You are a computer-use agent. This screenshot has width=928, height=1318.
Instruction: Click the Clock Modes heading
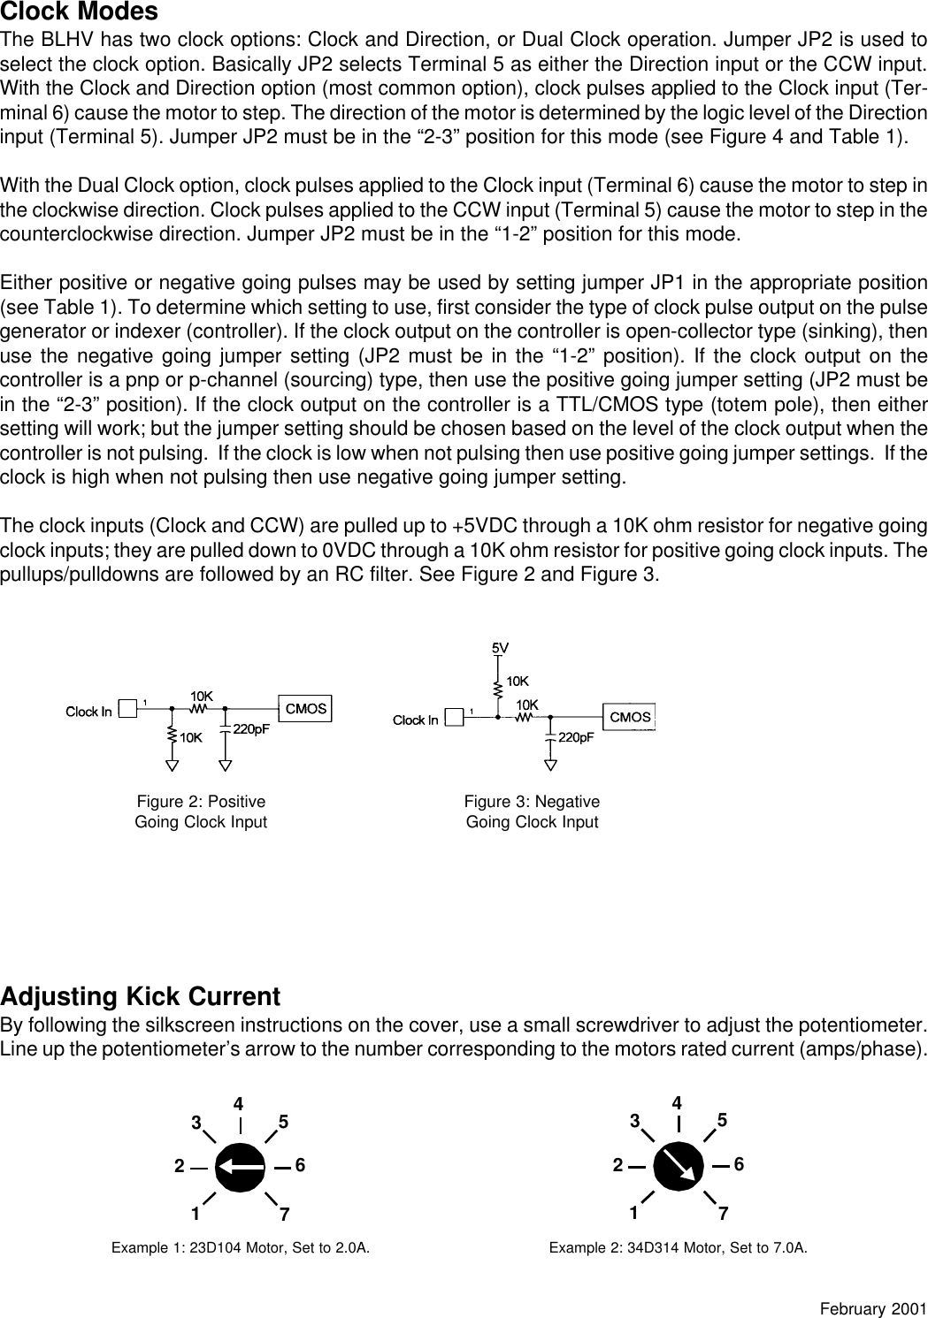[80, 12]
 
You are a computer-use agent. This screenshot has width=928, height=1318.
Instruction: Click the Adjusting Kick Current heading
[141, 997]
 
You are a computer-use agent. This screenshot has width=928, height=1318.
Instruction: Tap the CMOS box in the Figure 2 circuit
[305, 708]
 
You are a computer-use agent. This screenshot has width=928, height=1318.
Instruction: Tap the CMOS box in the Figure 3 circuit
[630, 717]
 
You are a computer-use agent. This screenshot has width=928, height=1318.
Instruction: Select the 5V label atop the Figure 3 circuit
[500, 646]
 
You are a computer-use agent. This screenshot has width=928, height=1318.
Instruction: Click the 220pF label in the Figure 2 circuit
[251, 729]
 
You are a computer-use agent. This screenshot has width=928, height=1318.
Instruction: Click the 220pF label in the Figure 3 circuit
[576, 737]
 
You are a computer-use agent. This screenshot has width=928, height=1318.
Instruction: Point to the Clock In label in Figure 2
[88, 712]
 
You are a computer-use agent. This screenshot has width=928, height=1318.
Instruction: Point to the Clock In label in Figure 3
[415, 720]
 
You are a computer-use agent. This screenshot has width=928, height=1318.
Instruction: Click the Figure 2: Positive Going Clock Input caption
[201, 811]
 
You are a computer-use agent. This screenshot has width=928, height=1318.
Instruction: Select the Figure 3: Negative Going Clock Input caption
[532, 811]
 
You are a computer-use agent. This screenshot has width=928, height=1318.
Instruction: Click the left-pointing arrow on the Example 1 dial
[241, 1167]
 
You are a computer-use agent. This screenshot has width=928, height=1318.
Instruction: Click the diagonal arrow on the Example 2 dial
[679, 1165]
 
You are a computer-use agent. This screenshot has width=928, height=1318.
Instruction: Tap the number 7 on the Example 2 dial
[723, 1215]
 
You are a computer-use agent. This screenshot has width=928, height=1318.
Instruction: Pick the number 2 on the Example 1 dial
[179, 1167]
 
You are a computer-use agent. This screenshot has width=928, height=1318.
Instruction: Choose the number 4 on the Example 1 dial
[239, 1104]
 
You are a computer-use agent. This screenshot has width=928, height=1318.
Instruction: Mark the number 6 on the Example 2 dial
[740, 1165]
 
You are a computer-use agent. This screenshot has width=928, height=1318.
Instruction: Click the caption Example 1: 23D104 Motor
[240, 1248]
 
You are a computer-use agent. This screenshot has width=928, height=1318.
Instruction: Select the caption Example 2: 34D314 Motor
[678, 1248]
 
